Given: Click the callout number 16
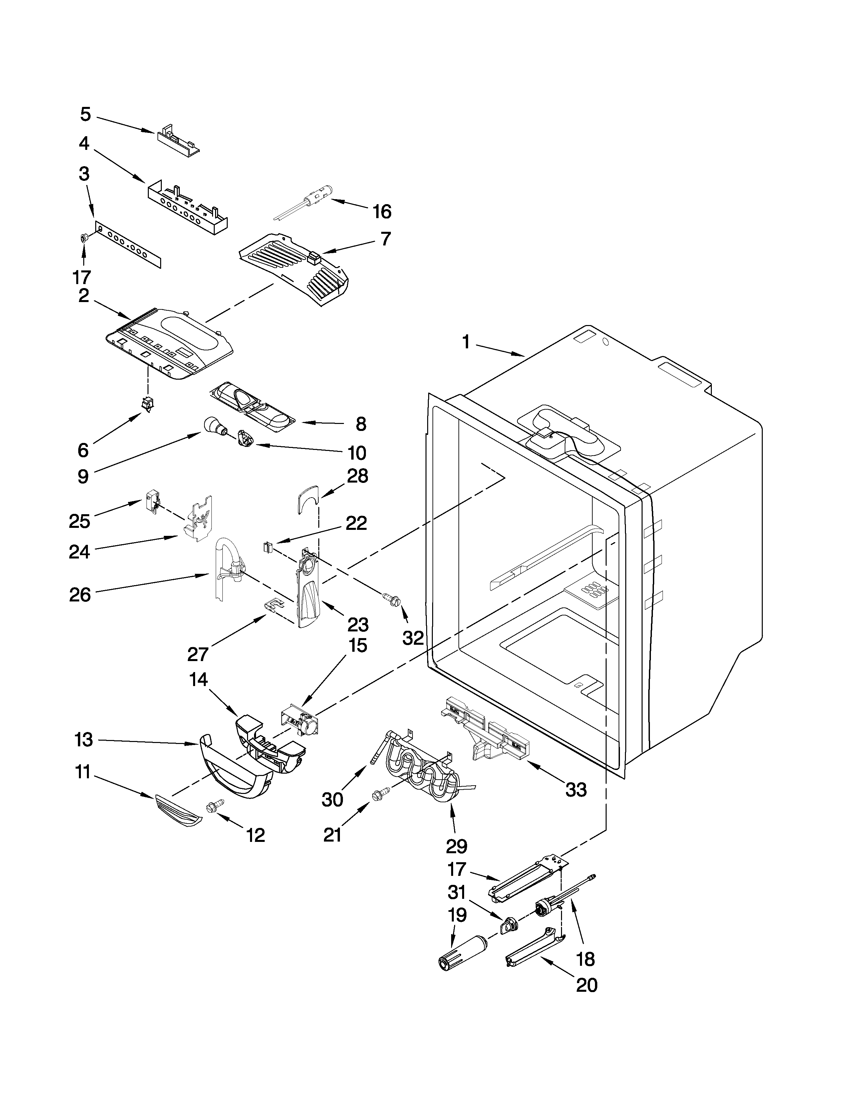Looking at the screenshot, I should click(382, 212).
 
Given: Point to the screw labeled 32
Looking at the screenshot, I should click(393, 599).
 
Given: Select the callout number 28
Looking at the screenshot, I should click(358, 476).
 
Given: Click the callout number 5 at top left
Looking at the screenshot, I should click(86, 115).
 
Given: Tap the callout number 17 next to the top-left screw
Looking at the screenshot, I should click(82, 277).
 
